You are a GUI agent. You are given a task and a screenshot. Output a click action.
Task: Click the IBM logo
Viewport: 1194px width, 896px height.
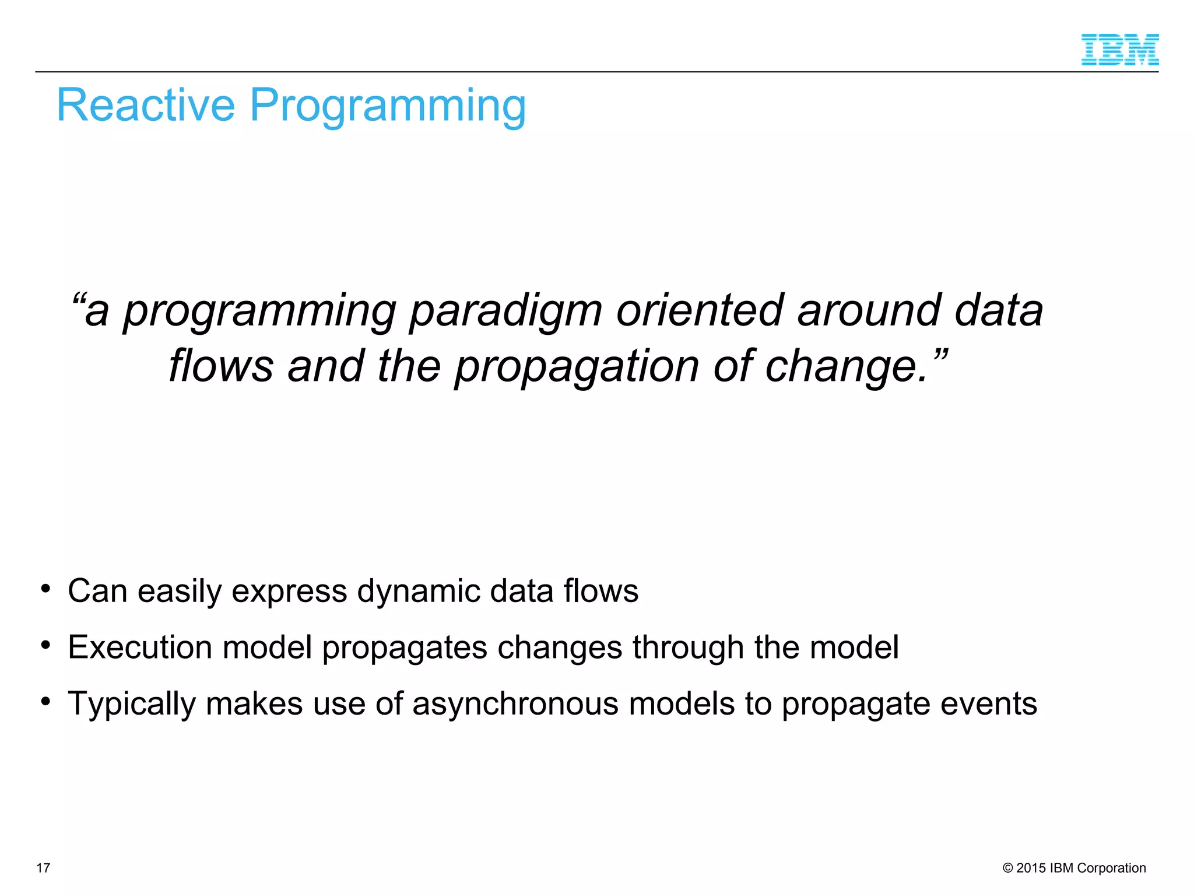(x=1119, y=50)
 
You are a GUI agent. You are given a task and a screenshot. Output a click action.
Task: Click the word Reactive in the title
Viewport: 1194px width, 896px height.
(x=145, y=106)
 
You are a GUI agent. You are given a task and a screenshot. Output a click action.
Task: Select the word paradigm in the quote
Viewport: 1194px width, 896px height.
(x=505, y=311)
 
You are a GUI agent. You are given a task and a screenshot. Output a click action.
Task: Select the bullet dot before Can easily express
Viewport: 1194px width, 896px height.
(x=45, y=588)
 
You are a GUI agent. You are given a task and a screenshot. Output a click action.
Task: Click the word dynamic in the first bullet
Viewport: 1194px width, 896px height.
(x=418, y=591)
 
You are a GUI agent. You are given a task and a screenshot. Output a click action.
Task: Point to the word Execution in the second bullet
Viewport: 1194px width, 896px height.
(x=140, y=647)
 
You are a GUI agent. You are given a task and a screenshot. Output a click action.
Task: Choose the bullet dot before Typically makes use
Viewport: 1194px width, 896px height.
(x=45, y=701)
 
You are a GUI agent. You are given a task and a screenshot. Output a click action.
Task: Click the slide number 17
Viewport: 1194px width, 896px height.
(x=43, y=868)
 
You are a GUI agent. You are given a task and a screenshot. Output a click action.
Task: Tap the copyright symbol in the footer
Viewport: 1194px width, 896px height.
(x=1007, y=868)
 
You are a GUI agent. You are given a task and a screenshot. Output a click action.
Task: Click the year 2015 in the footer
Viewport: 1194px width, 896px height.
(x=1031, y=868)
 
